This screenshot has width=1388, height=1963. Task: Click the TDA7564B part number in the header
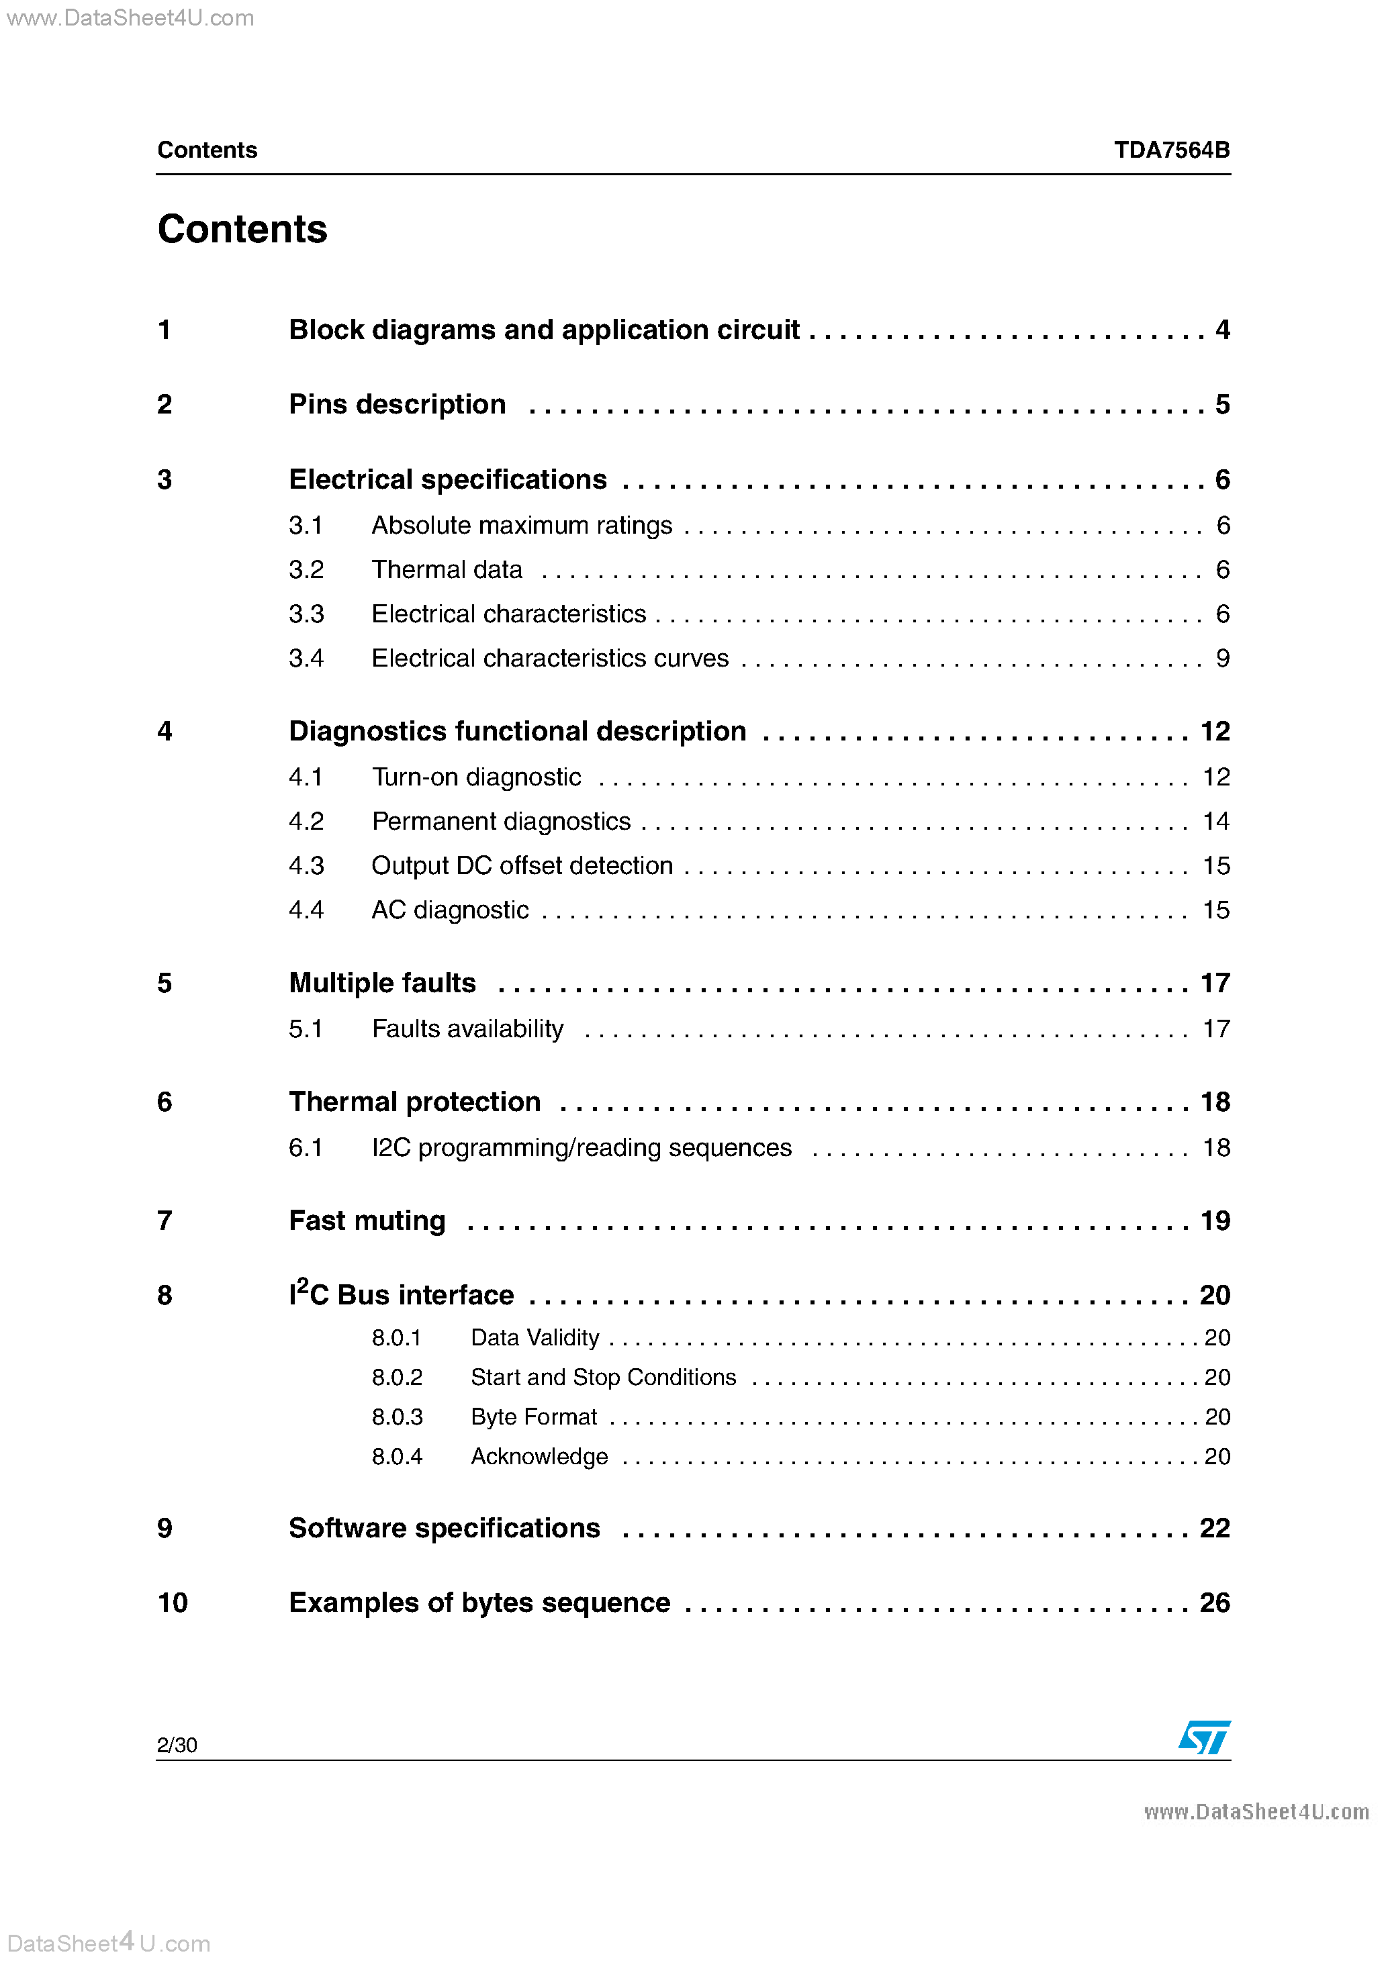(1171, 150)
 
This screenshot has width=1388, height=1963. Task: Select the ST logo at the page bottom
(1204, 1737)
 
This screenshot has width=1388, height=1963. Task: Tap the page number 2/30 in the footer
(177, 1745)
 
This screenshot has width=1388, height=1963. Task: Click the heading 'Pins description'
(397, 404)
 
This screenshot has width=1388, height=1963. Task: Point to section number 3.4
(306, 659)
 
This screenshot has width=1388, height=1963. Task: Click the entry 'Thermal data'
(447, 569)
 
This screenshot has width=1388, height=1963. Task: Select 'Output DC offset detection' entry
(522, 865)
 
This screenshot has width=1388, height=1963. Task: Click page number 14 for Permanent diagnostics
(1215, 822)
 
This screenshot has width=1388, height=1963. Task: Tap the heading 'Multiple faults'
(381, 984)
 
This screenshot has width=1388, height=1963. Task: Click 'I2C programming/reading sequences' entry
(582, 1147)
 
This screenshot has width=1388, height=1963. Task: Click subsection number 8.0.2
(397, 1378)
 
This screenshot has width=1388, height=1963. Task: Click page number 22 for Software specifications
(1214, 1528)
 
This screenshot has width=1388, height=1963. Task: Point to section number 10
(172, 1602)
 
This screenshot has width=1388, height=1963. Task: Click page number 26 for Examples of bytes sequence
(1214, 1602)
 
